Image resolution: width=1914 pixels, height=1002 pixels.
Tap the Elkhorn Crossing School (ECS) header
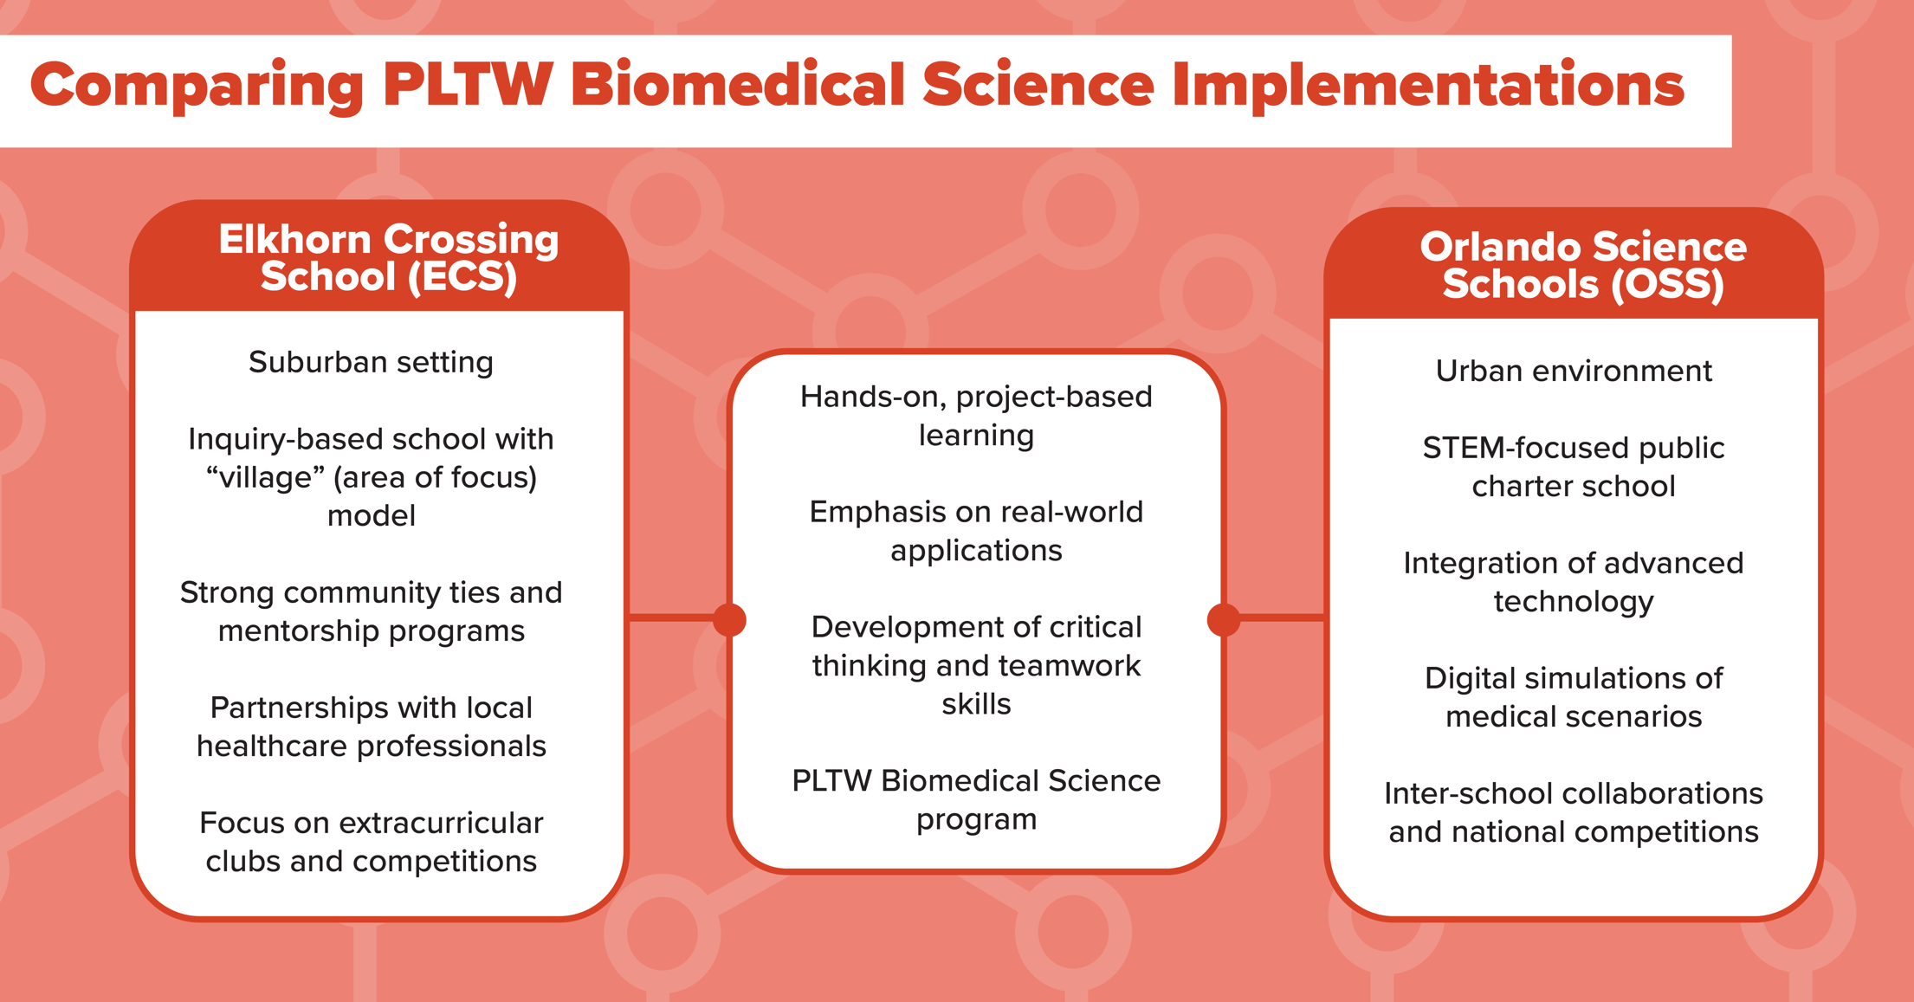coord(388,258)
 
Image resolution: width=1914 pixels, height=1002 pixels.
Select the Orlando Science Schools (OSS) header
coord(1582,266)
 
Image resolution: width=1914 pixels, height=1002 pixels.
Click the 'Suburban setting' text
coord(371,362)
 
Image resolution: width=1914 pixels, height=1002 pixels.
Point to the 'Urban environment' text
coord(1573,371)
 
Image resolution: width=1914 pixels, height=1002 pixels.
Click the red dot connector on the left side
coord(729,619)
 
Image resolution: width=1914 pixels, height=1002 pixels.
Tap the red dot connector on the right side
coord(1223,619)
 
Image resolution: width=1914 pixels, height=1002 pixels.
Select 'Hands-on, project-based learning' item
coord(976,416)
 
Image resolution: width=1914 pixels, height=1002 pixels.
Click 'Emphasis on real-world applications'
coord(976,531)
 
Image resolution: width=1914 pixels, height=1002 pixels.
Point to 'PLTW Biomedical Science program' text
coord(976,799)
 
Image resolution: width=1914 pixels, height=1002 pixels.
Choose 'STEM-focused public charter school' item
coord(1573,467)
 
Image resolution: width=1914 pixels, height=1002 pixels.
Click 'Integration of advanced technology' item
coord(1573,582)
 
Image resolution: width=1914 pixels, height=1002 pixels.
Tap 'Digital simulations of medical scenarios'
coord(1573,697)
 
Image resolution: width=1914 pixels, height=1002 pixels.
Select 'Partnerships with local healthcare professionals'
coord(371,727)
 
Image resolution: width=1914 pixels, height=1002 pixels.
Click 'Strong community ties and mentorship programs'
coord(371,611)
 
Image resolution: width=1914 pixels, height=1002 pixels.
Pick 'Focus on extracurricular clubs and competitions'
coord(371,842)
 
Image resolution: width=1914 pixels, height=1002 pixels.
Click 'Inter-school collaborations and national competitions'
coord(1573,812)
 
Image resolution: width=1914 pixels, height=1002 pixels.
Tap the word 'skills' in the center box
coord(976,704)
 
